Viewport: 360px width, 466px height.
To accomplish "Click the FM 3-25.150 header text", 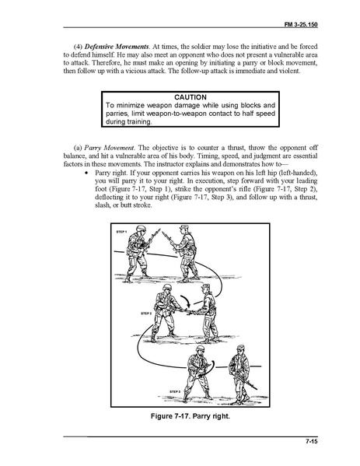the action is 301,25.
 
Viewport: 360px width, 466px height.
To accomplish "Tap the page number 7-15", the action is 311,441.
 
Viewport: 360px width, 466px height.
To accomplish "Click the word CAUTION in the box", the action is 190,97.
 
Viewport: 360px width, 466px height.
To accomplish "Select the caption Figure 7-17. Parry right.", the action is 190,415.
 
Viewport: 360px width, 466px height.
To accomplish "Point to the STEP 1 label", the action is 121,232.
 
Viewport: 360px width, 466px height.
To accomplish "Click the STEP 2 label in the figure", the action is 146,314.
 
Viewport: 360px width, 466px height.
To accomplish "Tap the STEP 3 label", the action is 175,391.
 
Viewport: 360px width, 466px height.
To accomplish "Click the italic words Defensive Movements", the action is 117,47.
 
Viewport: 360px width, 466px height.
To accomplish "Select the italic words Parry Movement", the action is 110,148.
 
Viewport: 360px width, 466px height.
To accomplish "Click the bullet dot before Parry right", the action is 87,173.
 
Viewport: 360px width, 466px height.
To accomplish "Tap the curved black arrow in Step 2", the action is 187,301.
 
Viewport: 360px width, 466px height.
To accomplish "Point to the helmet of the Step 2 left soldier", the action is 167,287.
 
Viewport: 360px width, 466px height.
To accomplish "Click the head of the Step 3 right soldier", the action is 240,350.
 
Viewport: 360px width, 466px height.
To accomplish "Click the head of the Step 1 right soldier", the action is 183,229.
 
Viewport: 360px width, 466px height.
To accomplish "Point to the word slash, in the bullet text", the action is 103,205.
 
